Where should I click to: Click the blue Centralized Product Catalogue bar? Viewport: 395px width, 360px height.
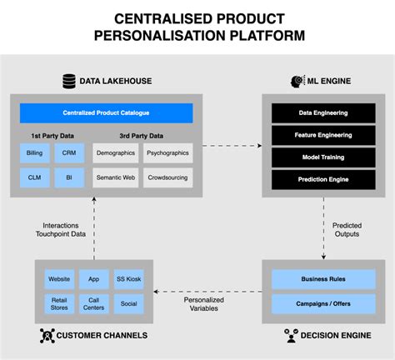[x=106, y=113]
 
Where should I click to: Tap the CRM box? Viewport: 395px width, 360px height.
[x=68, y=153]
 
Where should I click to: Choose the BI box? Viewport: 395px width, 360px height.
[x=68, y=177]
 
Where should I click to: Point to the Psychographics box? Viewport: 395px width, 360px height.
[x=167, y=153]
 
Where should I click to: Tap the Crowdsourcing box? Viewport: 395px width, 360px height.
[x=167, y=177]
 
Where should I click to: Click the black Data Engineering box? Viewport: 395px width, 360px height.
[x=323, y=112]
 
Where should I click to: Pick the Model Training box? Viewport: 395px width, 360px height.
[x=323, y=157]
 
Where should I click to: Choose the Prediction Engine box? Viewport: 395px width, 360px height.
[x=323, y=178]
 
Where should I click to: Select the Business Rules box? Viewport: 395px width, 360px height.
[x=323, y=279]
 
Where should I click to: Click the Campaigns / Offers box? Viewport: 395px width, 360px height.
[x=323, y=303]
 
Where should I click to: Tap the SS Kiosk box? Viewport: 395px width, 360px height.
[x=128, y=279]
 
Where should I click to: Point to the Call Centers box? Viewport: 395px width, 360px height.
[x=94, y=303]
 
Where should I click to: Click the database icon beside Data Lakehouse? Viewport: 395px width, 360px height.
[x=69, y=81]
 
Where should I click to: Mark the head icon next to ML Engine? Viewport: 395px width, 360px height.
[x=297, y=81]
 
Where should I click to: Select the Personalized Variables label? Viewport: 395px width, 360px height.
[x=203, y=302]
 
